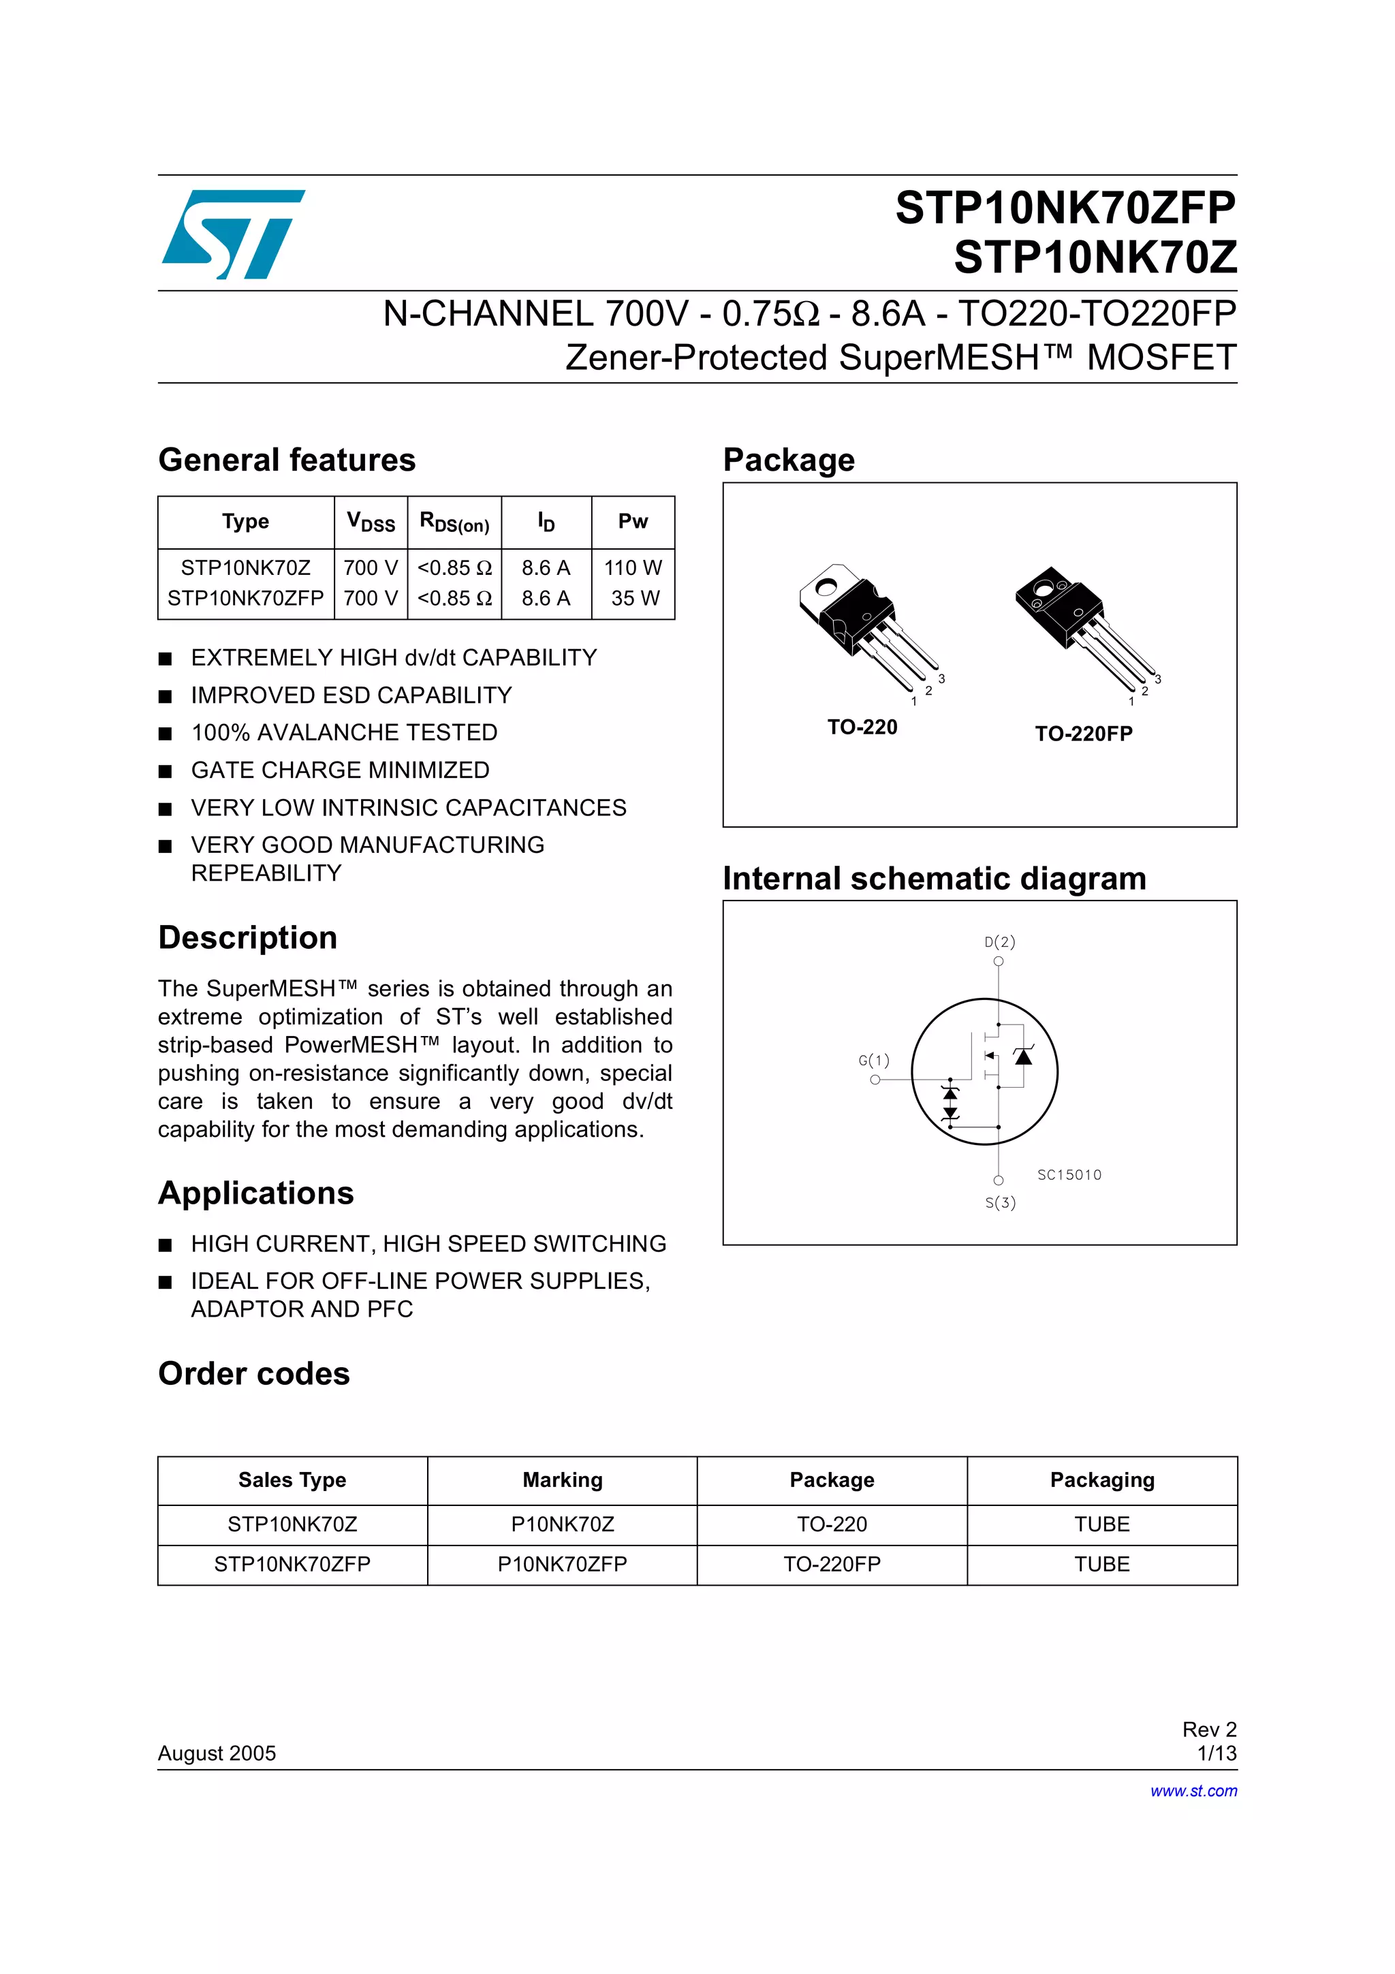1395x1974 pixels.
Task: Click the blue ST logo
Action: pyautogui.click(x=232, y=234)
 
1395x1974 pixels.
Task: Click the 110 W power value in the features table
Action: pyautogui.click(x=633, y=567)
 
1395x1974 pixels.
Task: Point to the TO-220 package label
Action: pyautogui.click(x=862, y=727)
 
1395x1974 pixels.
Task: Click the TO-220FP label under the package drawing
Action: pyautogui.click(x=1083, y=734)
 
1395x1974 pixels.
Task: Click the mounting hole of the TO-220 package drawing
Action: pyautogui.click(x=826, y=588)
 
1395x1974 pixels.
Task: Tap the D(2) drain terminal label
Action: pyautogui.click(x=1000, y=941)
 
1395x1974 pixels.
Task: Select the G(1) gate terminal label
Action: pyautogui.click(x=873, y=1060)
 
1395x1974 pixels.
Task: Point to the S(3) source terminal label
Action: pyautogui.click(x=1000, y=1202)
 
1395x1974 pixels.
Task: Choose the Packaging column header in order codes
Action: pyautogui.click(x=1102, y=1479)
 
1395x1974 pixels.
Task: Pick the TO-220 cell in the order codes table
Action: pyautogui.click(x=831, y=1524)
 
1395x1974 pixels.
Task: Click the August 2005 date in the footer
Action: pyautogui.click(x=217, y=1753)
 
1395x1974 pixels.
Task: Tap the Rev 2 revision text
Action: pyautogui.click(x=1208, y=1729)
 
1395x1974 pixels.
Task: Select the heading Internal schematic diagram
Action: pyautogui.click(x=935, y=879)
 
